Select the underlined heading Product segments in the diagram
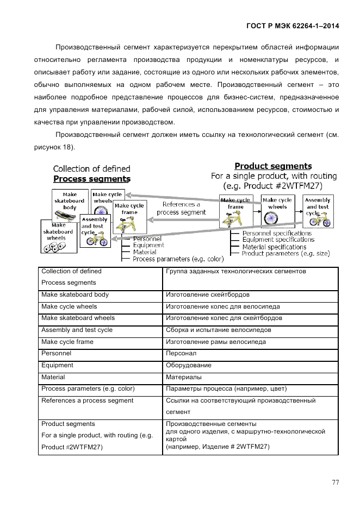[x=273, y=166]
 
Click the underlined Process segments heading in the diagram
[x=91, y=178]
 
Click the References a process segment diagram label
[x=181, y=209]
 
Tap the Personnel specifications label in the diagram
[x=277, y=233]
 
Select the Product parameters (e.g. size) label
[x=285, y=253]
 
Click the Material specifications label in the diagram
[x=275, y=247]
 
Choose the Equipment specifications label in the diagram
[x=278, y=240]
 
